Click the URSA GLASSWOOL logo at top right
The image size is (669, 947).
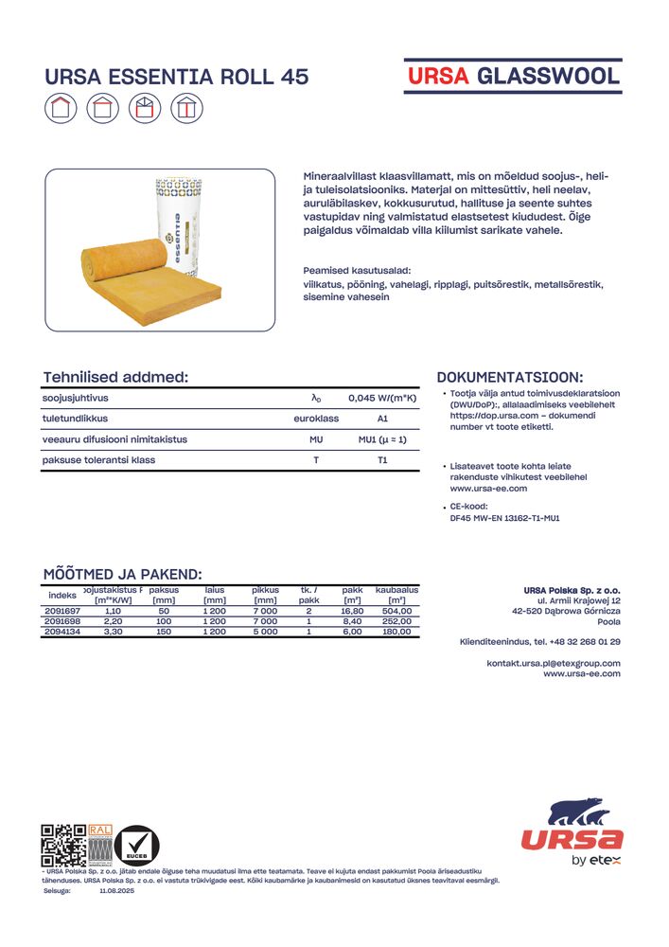pos(512,76)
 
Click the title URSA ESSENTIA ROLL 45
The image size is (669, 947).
pos(177,78)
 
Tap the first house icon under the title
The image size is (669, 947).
pos(61,109)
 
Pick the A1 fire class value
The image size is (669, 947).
pos(382,419)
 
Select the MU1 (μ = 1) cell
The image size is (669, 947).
pos(382,439)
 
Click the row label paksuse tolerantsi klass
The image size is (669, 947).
pos(98,460)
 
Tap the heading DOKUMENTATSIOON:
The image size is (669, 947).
pos(510,377)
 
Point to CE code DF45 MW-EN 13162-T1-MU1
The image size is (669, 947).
pos(504,518)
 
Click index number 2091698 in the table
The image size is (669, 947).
pos(62,621)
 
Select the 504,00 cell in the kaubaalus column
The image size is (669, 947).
pos(396,612)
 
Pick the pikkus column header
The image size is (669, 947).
pos(265,590)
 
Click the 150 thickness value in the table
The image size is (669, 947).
pos(164,631)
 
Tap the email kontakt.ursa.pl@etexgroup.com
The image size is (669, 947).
pos(554,662)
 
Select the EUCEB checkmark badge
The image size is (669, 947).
pos(137,845)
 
